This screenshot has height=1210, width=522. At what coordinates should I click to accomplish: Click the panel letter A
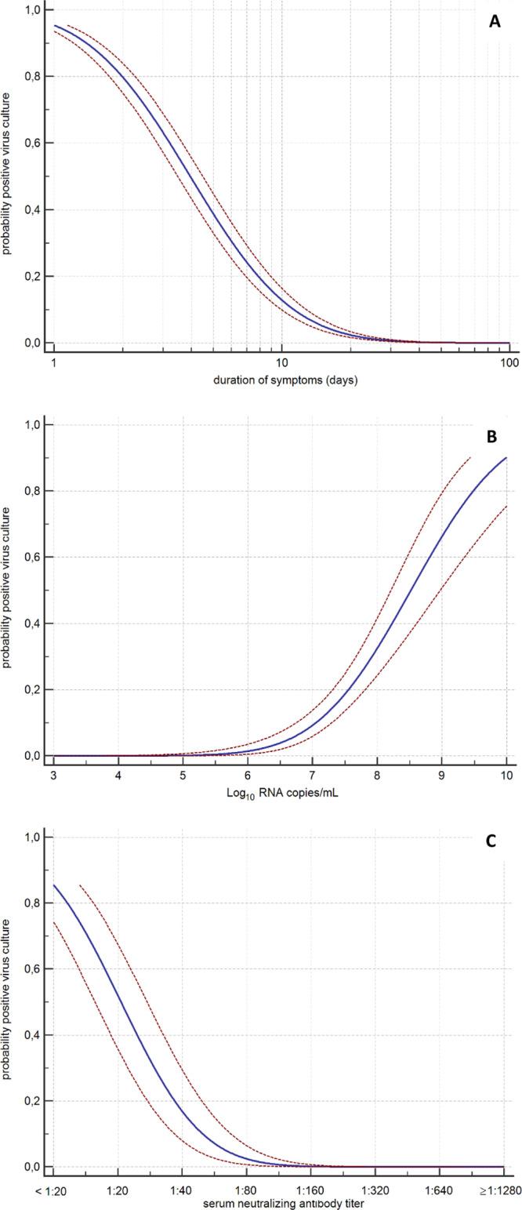[495, 22]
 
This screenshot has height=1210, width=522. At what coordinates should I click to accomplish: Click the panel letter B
[492, 437]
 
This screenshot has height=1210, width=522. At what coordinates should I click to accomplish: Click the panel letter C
[491, 841]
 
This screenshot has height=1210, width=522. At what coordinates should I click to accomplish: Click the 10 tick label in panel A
[281, 363]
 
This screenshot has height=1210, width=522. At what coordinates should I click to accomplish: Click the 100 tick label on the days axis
[509, 363]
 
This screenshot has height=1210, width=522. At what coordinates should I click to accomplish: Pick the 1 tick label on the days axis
[53, 363]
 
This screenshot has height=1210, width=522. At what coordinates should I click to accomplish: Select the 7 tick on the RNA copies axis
[313, 776]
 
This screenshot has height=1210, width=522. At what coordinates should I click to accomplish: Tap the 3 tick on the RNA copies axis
[53, 776]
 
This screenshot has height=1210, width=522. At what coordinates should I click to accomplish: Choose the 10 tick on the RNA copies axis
[506, 776]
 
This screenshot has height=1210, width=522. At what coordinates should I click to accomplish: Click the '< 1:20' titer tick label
[52, 1190]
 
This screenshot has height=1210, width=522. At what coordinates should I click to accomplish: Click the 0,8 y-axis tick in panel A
[31, 76]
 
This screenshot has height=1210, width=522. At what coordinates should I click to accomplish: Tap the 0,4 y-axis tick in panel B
[31, 623]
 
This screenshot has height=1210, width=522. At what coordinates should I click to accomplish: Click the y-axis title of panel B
[7, 588]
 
